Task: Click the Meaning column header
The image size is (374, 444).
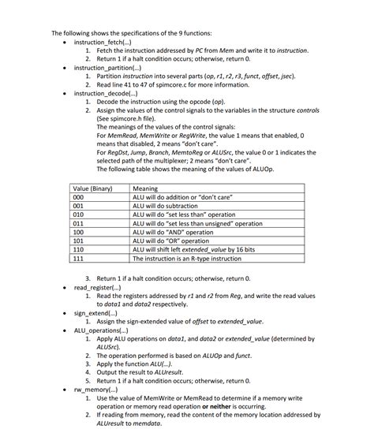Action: (x=145, y=189)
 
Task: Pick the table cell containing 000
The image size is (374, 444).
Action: (x=78, y=198)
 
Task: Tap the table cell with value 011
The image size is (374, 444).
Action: (x=78, y=224)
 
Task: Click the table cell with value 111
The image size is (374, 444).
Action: (x=78, y=258)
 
